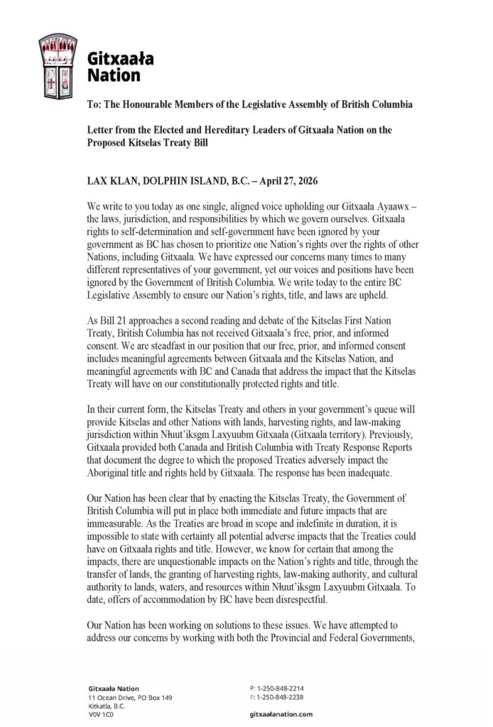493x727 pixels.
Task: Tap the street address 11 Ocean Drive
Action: [112, 697]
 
